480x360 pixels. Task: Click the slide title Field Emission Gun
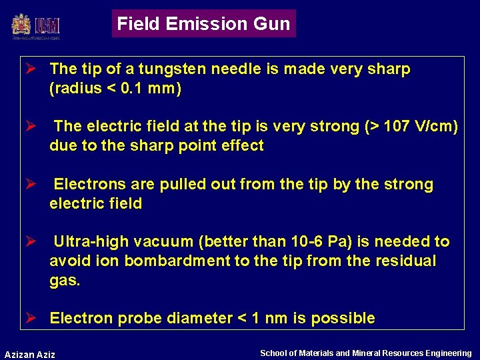(203, 24)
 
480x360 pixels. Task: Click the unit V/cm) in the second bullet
(437, 127)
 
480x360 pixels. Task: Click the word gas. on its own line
(65, 281)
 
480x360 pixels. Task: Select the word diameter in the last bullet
(200, 319)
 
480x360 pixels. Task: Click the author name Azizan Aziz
(30, 354)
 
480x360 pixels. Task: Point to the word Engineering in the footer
(448, 353)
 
